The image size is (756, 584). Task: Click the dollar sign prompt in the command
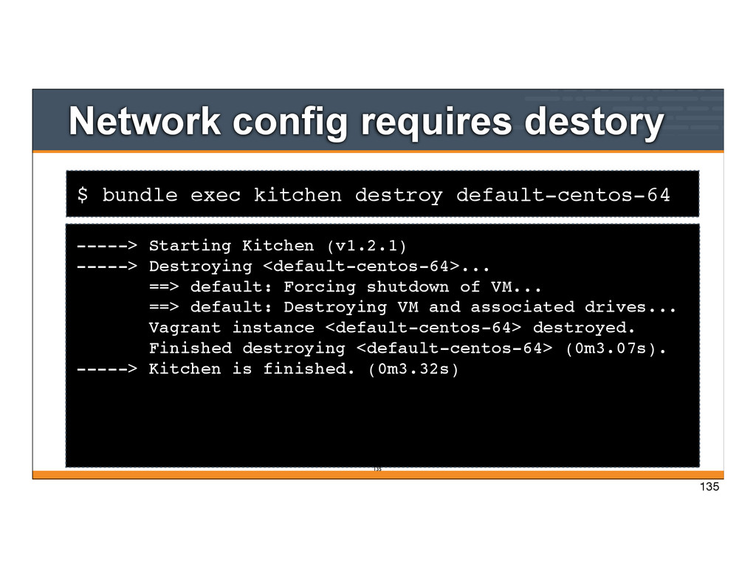(x=83, y=196)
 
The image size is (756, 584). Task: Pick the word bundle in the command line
(x=140, y=196)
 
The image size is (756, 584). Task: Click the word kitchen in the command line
(x=298, y=196)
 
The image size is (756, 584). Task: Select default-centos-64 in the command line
(x=563, y=196)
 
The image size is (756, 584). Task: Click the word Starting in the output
(x=190, y=245)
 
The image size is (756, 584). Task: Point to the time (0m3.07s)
(x=615, y=348)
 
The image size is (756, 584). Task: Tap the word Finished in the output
(x=190, y=348)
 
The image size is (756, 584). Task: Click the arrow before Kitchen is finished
(x=106, y=369)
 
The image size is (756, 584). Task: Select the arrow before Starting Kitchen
(x=106, y=245)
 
